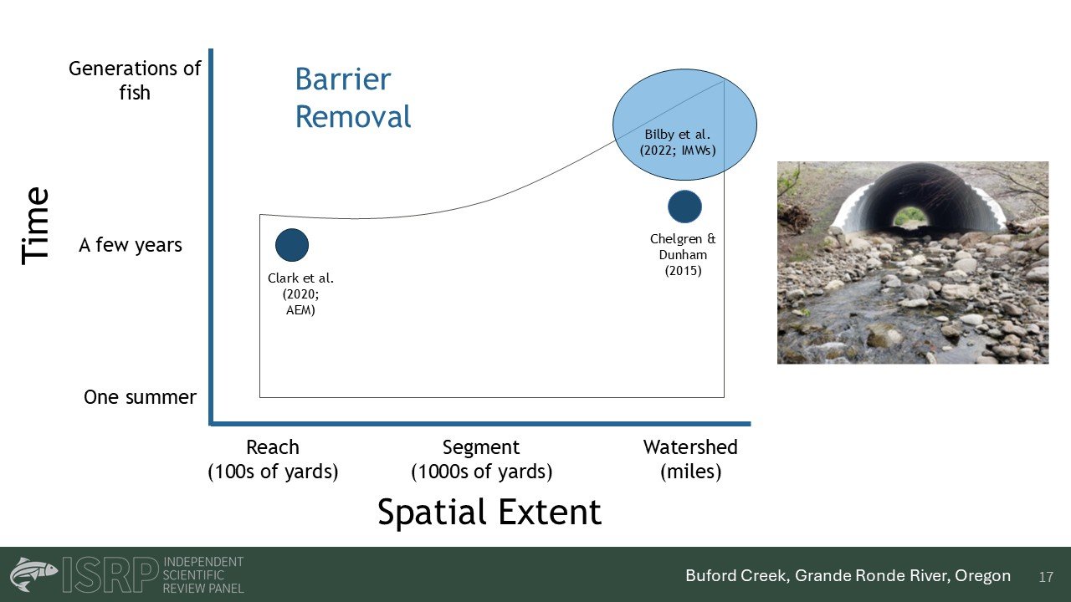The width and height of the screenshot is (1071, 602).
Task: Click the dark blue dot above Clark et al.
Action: pyautogui.click(x=292, y=245)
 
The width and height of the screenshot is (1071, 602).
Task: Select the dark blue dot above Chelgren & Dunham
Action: pyautogui.click(x=684, y=207)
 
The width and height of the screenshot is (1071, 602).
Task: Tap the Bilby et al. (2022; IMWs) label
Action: pyautogui.click(x=678, y=142)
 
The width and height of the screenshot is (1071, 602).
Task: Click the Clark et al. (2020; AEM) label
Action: pyautogui.click(x=300, y=293)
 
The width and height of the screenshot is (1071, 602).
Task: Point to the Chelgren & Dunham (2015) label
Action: pyautogui.click(x=683, y=255)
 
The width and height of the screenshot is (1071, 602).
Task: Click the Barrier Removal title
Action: pyautogui.click(x=353, y=98)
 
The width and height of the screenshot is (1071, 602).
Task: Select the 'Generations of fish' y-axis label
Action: pyautogui.click(x=135, y=80)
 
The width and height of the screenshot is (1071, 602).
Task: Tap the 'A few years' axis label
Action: pyautogui.click(x=131, y=245)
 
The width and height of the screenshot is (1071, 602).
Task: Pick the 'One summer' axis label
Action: pyautogui.click(x=140, y=397)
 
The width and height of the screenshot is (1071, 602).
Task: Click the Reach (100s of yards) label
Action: pyautogui.click(x=273, y=460)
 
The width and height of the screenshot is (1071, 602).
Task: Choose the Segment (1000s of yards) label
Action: pyautogui.click(x=481, y=460)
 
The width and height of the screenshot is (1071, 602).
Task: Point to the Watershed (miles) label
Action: pyautogui.click(x=690, y=460)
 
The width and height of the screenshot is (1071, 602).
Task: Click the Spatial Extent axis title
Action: pyautogui.click(x=489, y=513)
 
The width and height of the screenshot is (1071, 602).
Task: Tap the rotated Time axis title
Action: pyautogui.click(x=36, y=226)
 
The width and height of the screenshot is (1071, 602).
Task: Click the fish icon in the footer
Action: pyautogui.click(x=33, y=574)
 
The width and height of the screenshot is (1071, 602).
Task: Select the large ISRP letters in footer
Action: pyautogui.click(x=110, y=574)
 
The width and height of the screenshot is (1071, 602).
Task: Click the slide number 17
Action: pyautogui.click(x=1046, y=577)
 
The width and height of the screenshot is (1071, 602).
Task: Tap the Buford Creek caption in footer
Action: pyautogui.click(x=848, y=576)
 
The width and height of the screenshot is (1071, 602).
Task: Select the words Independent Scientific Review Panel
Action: pyautogui.click(x=203, y=574)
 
